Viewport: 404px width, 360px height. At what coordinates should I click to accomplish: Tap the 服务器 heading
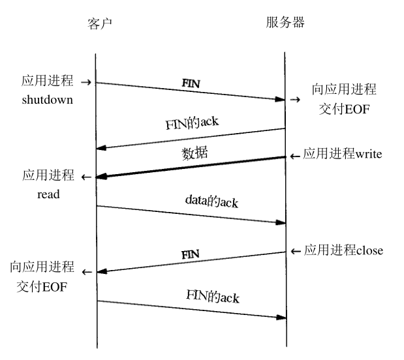coord(285,23)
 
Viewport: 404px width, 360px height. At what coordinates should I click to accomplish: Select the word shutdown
coord(47,100)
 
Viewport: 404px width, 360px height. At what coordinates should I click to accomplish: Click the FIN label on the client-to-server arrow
coord(190,84)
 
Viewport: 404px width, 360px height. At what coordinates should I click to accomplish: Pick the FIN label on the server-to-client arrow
coord(190,253)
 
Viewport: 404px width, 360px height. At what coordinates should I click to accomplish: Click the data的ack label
coord(211,202)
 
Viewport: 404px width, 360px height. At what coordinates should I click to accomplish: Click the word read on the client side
coord(49,194)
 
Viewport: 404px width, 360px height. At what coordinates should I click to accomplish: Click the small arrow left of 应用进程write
coord(295,156)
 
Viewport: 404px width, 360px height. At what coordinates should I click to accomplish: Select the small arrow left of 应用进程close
coord(295,251)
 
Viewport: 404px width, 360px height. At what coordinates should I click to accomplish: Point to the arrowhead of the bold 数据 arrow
coord(101,177)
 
